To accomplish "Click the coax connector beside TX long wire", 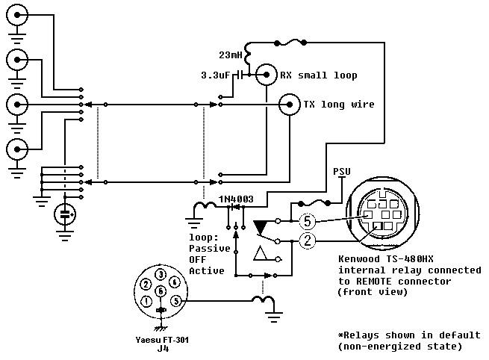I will point(287,105).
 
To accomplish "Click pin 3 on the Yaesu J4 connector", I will point(161,275).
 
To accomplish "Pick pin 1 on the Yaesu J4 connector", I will point(146,301).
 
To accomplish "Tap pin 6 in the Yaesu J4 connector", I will point(161,291).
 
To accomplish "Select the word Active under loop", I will point(205,270).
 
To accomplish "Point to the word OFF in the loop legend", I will point(198,258).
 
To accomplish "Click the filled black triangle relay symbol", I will point(261,226).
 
